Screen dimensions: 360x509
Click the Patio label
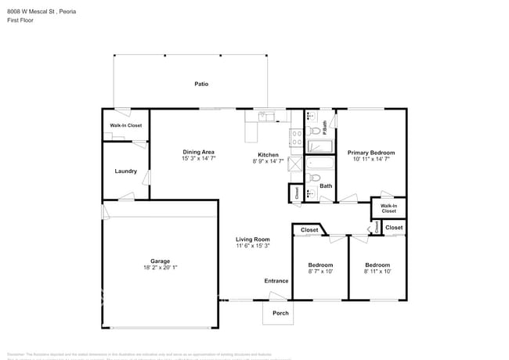201,84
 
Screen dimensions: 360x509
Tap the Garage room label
161,261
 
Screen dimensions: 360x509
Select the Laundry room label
125,171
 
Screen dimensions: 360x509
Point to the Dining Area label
198,152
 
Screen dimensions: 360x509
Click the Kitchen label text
265,154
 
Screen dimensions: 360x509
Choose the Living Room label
253,239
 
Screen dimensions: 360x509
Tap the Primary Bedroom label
371,153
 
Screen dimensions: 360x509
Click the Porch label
280,313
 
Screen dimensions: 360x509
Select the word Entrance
276,281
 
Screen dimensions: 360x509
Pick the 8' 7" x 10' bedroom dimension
319,272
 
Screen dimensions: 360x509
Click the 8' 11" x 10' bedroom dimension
377,272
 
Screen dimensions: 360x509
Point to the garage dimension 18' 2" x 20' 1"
161,268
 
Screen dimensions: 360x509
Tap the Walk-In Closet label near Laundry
125,125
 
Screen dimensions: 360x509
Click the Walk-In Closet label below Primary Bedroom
388,208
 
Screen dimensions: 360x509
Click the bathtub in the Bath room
319,165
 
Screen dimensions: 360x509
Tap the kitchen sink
268,117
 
